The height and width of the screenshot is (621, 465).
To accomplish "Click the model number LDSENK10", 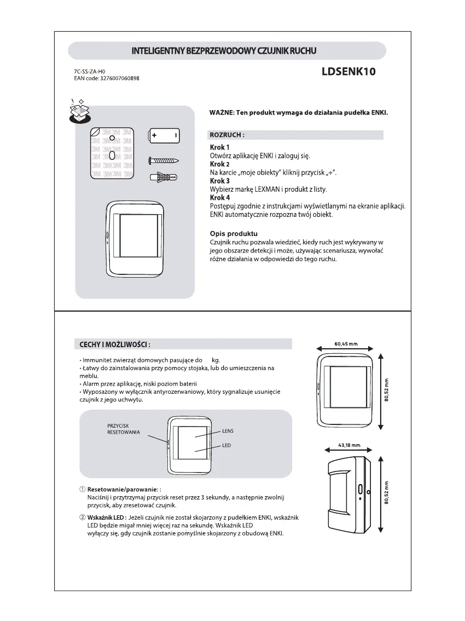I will [349, 72].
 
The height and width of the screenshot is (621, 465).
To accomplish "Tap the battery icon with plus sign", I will [164, 135].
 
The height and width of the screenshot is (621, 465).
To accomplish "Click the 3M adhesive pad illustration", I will [112, 153].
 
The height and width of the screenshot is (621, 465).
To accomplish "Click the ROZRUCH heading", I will [227, 135].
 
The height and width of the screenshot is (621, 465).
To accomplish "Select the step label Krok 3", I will [220, 181].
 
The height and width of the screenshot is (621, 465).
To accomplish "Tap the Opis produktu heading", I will [234, 234].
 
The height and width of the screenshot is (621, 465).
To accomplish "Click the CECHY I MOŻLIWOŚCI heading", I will [112, 344].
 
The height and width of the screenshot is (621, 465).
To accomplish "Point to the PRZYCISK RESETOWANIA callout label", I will [123, 428].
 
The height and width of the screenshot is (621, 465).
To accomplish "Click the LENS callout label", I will [228, 431].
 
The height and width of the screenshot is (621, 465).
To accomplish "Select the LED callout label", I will [226, 446].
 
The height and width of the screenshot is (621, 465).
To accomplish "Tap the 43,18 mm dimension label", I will [349, 445].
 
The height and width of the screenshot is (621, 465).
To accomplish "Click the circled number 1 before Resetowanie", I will [83, 488].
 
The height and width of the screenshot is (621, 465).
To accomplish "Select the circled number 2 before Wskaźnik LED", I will [83, 517].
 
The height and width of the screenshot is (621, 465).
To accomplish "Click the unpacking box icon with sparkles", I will [79, 111].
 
